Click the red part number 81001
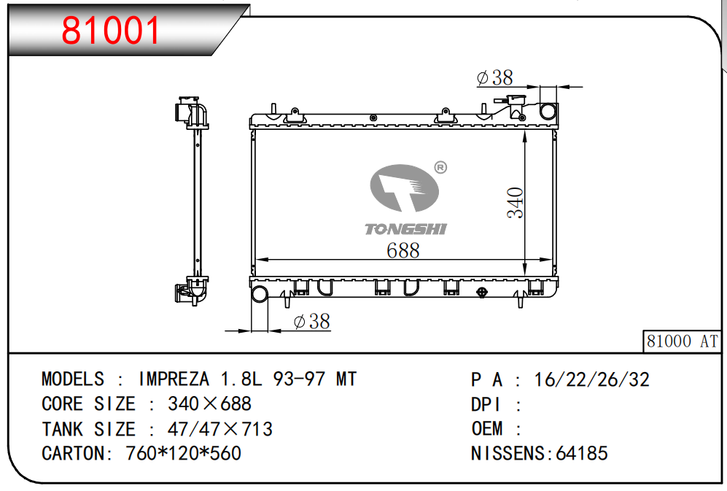click(x=110, y=30)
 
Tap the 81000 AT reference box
click(x=682, y=341)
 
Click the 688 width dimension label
click(x=403, y=250)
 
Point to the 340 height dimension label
click(x=515, y=202)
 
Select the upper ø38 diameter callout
click(x=494, y=77)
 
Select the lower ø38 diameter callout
click(x=312, y=321)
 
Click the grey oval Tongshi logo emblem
click(x=404, y=188)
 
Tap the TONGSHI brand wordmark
click(x=405, y=229)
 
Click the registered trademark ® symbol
click(x=440, y=167)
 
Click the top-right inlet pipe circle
click(x=548, y=112)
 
